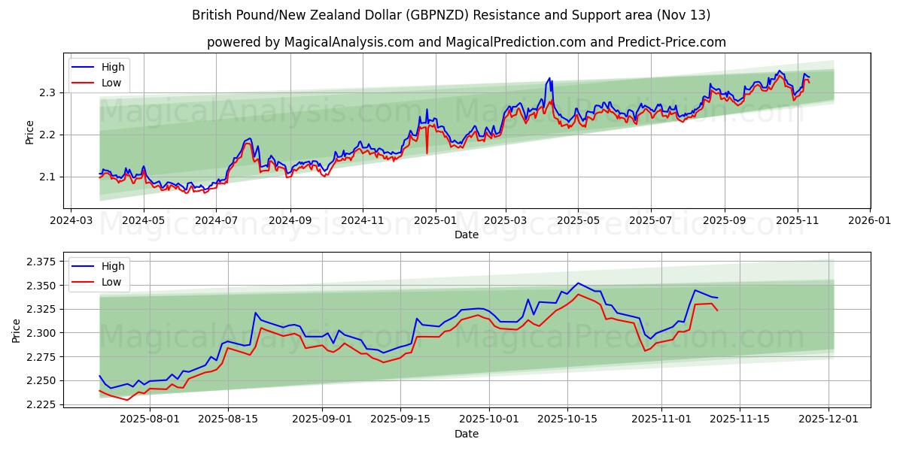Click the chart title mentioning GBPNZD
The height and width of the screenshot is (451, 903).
451,15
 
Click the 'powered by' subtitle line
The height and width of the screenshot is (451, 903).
467,42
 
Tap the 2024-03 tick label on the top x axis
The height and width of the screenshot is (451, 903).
71,220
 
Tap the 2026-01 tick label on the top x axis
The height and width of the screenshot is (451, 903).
869,220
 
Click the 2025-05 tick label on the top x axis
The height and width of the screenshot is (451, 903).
578,220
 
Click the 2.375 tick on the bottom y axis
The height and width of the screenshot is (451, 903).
41,262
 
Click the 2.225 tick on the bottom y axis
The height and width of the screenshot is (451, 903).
41,404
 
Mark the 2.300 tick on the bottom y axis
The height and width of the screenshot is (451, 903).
41,333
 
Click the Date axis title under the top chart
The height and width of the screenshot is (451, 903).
467,235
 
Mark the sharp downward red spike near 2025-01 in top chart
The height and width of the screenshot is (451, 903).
427,153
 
